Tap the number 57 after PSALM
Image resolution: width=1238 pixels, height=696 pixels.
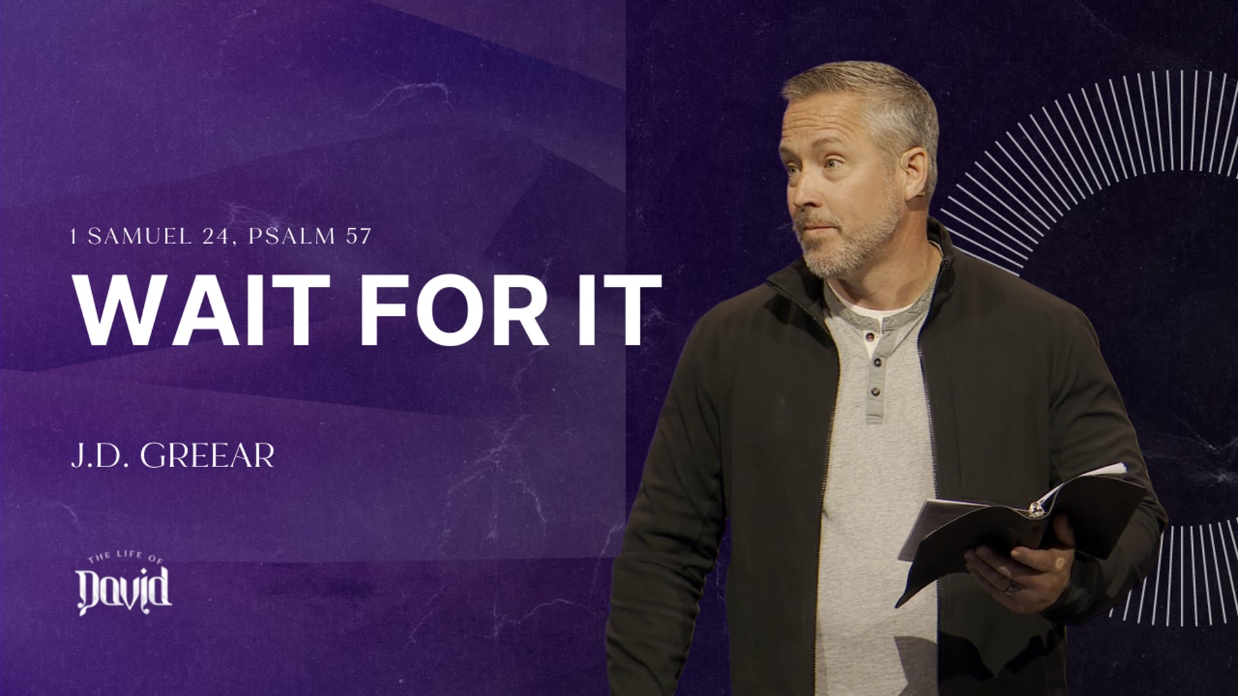tap(359, 237)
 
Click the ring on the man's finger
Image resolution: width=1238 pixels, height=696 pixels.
tap(1012, 588)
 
